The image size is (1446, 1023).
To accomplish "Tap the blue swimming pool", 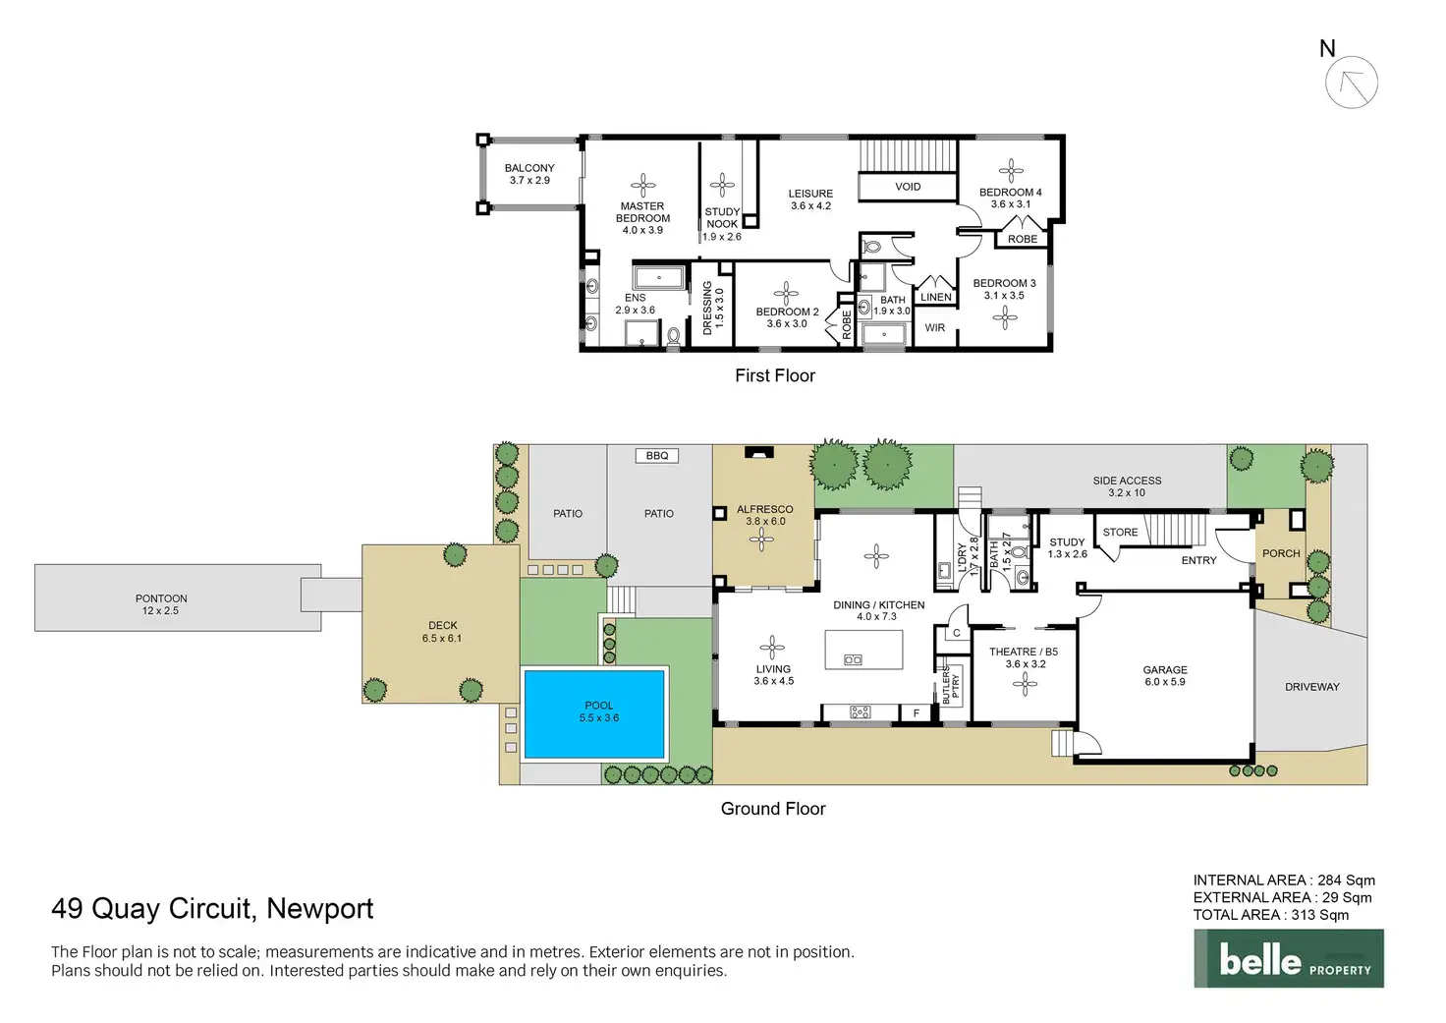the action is pos(594,713).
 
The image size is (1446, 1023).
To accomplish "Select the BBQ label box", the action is pos(657,455).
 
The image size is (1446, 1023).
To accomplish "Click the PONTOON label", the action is pos(161,598).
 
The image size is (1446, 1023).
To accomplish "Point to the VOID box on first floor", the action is pos(907,187).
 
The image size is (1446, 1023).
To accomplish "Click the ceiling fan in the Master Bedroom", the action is pos(643,186).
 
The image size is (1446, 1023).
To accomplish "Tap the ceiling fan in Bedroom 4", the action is pos(1011,171).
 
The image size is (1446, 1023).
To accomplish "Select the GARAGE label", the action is pos(1164,670).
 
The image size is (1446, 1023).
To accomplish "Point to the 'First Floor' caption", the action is pos(775,375).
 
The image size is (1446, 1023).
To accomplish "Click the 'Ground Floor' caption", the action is pos(773,808).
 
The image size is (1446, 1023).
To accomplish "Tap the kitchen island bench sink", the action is pos(853,659).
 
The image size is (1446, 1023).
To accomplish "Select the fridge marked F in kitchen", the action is pos(916,713).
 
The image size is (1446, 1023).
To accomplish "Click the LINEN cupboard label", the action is pos(935,297).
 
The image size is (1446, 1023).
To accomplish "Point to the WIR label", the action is pos(934,327).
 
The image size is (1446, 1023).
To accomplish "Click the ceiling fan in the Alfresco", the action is pos(761,540).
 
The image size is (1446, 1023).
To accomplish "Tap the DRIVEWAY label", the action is pos(1311,687).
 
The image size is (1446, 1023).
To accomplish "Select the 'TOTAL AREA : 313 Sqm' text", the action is pos(1270,915).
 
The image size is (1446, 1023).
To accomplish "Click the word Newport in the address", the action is pos(319,909).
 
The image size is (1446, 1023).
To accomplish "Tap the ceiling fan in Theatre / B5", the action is pos(1025,684).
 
